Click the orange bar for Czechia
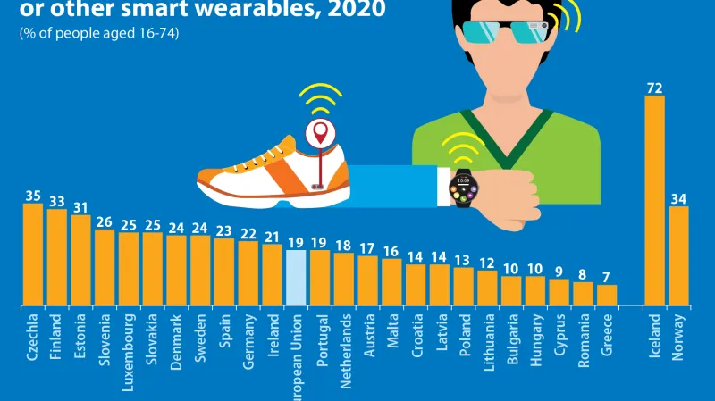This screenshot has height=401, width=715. pos(33,254)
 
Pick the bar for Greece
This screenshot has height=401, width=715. pos(607,295)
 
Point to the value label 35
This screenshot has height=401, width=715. pos(33,194)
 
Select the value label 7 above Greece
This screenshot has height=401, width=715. pos(607,276)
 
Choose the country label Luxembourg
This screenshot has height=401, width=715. pos(129,347)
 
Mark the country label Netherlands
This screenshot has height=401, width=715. pos(344,347)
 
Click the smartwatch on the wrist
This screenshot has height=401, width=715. pos(463,187)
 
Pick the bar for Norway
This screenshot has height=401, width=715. pos(678,255)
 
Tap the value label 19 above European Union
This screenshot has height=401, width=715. pos(296,242)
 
